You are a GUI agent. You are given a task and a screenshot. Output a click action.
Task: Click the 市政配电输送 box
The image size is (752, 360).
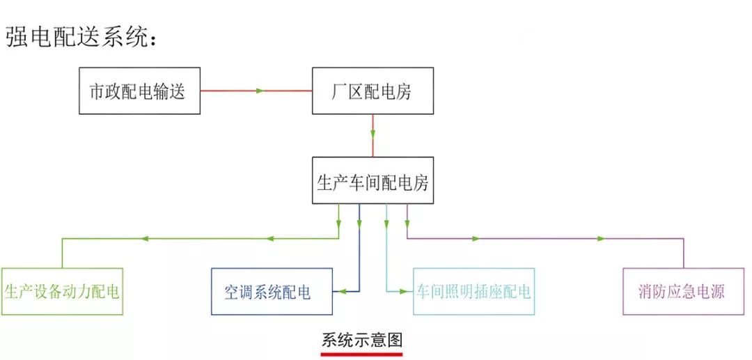click(x=139, y=91)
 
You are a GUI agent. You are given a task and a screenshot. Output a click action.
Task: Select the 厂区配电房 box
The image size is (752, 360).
click(x=373, y=91)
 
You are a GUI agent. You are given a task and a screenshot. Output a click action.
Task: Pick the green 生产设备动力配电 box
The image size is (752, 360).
click(x=62, y=291)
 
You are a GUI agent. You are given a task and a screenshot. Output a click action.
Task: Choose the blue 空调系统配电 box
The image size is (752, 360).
click(x=272, y=291)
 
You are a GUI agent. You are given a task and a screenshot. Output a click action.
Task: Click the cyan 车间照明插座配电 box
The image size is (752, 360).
click(x=473, y=291)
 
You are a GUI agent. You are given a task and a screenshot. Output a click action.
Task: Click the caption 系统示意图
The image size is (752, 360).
click(x=361, y=341)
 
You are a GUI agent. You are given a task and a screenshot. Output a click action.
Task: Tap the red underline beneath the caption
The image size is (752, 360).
click(x=361, y=353)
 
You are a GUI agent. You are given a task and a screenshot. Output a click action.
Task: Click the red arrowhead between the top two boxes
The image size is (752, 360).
click(x=260, y=91)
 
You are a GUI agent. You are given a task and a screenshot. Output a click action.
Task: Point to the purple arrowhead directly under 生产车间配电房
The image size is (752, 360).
click(x=407, y=224)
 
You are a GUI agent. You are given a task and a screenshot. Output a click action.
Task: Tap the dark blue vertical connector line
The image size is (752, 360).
click(x=359, y=258)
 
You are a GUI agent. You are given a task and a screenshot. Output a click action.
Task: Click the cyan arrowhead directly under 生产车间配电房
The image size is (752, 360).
click(x=386, y=224)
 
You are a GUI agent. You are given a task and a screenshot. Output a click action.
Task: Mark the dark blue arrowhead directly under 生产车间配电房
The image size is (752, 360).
click(x=359, y=224)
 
